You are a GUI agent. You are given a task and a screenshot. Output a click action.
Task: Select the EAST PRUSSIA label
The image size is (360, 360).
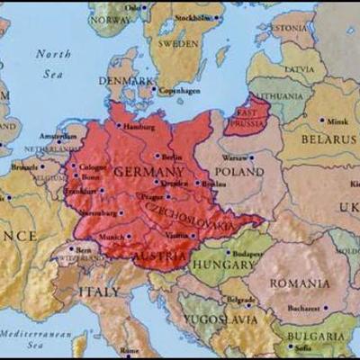[248, 118]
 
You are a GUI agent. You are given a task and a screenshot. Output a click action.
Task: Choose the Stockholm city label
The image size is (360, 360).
[194, 17]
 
